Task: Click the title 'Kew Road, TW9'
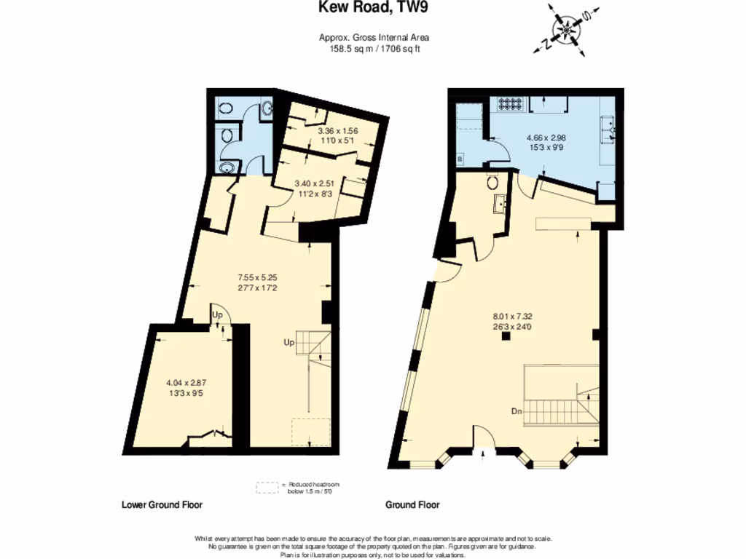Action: [x=372, y=9]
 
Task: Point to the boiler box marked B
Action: [x=460, y=158]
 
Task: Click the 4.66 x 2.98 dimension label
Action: [x=546, y=142]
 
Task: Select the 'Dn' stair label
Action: [x=516, y=412]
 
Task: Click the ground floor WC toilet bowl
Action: [x=493, y=182]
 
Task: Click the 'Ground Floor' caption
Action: [x=412, y=504]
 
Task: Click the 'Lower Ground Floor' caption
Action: [x=162, y=504]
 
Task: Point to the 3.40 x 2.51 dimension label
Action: [x=312, y=189]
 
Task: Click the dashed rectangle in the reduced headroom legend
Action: [x=268, y=488]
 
